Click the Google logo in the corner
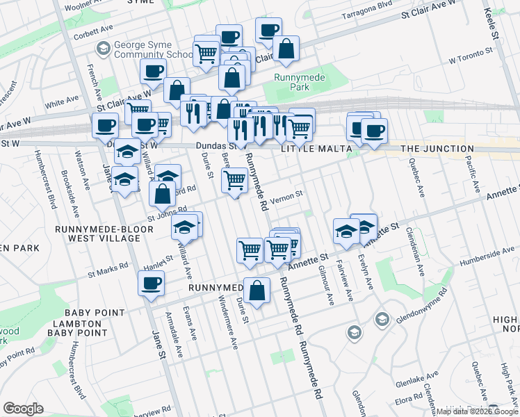pos(23,409)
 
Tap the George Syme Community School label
pos(153,49)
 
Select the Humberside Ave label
pos(488,259)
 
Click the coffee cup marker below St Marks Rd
pos(151,284)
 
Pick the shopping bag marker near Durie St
pos(257,291)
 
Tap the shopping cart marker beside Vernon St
pos(235,181)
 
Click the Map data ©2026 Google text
pos(478,411)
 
